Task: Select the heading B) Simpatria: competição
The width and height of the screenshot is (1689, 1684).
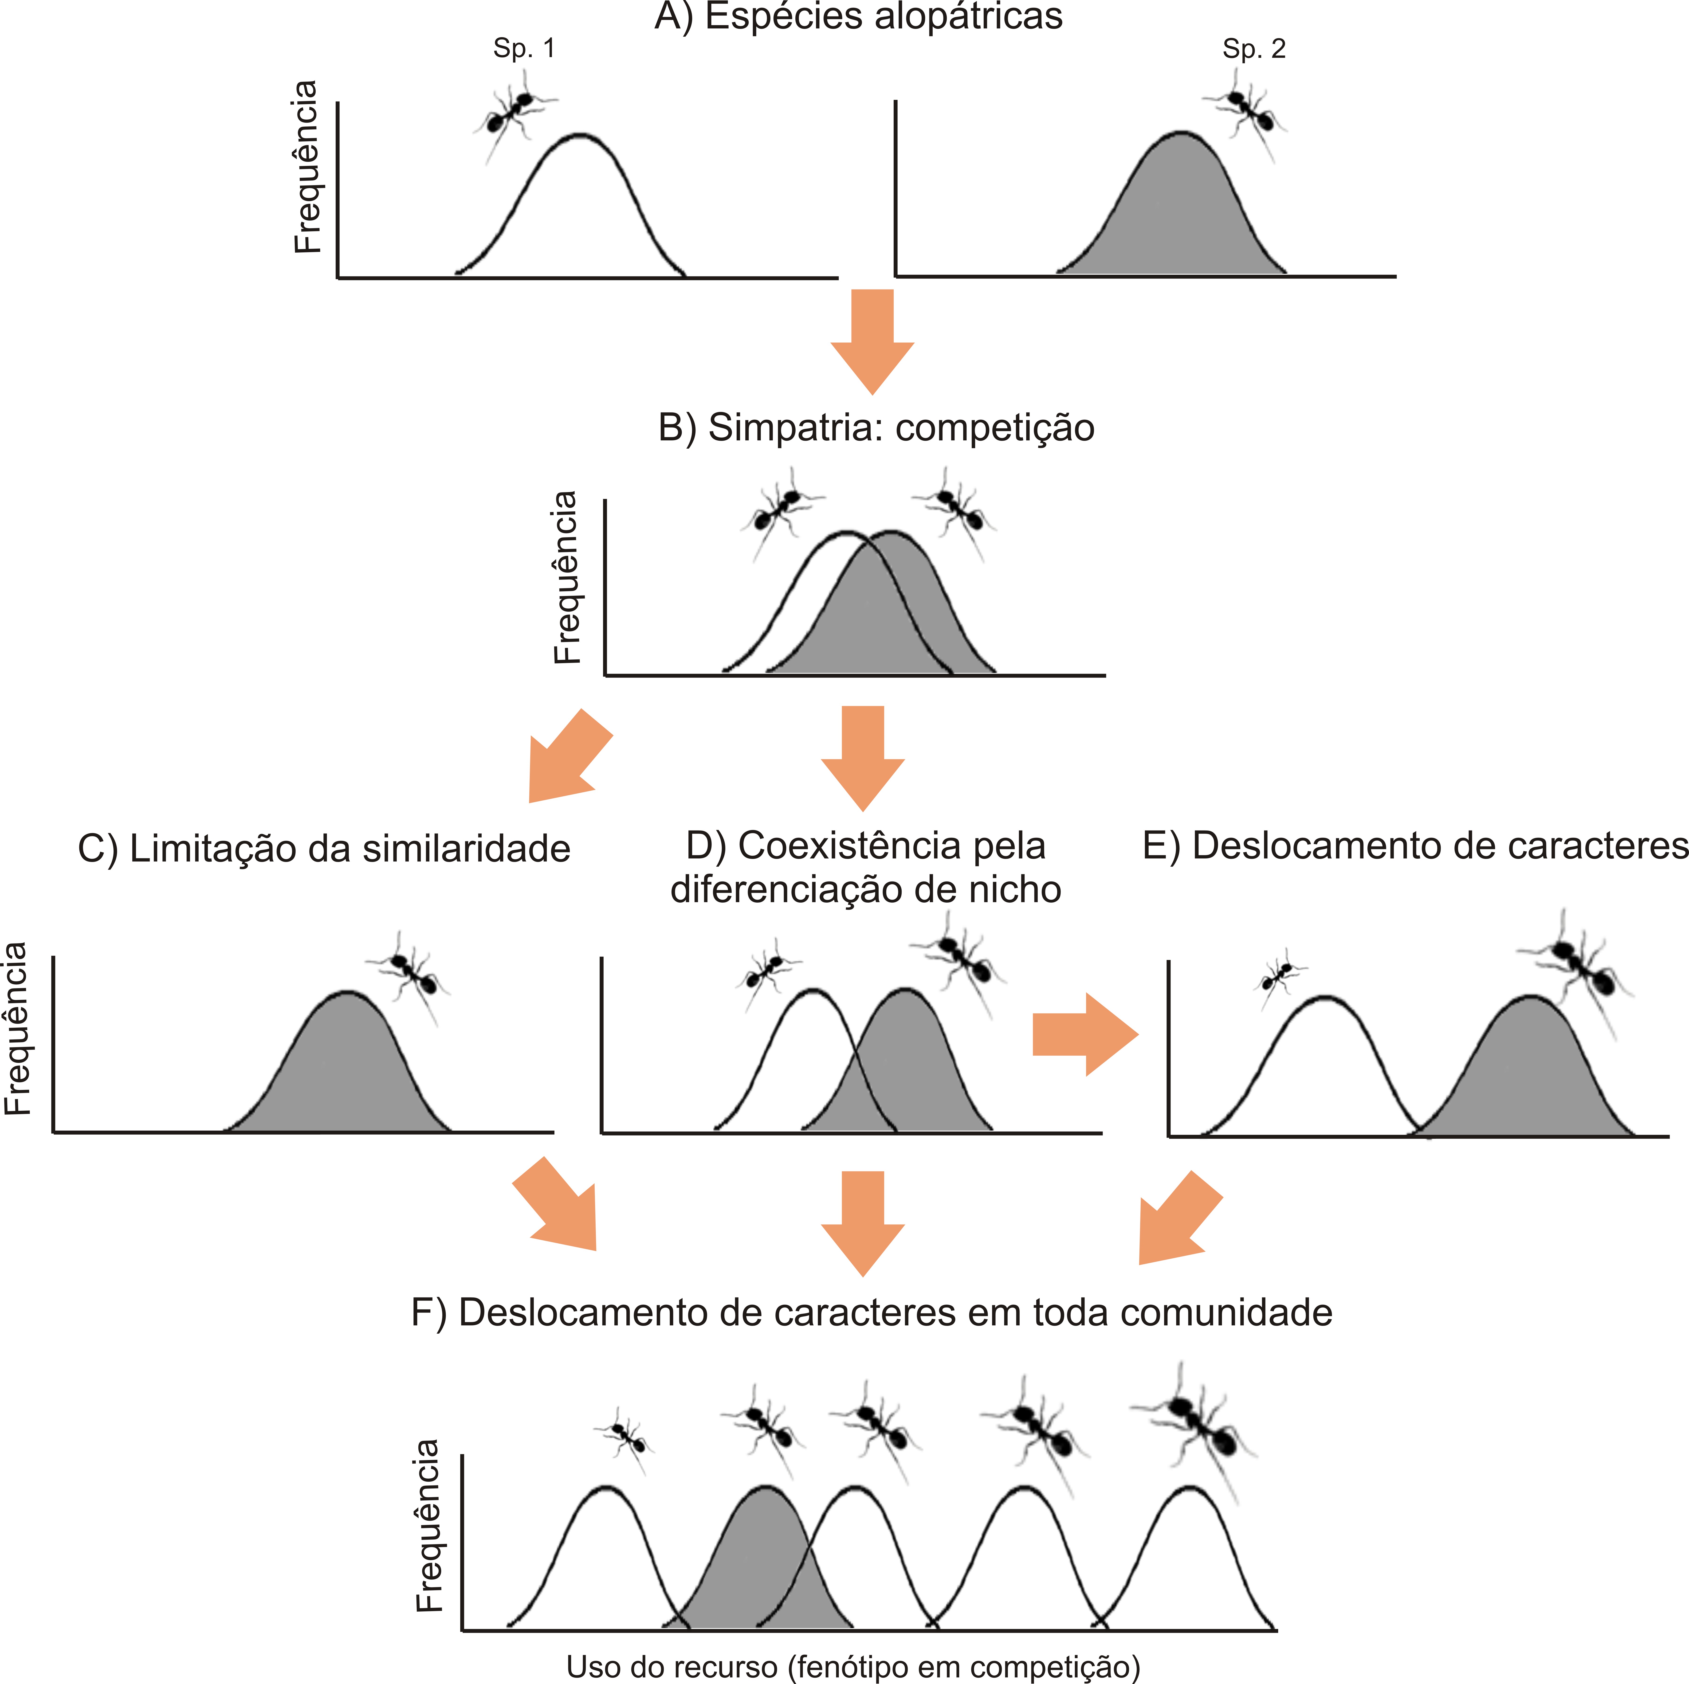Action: (876, 427)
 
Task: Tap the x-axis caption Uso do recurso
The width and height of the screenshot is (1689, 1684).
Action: (672, 1667)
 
